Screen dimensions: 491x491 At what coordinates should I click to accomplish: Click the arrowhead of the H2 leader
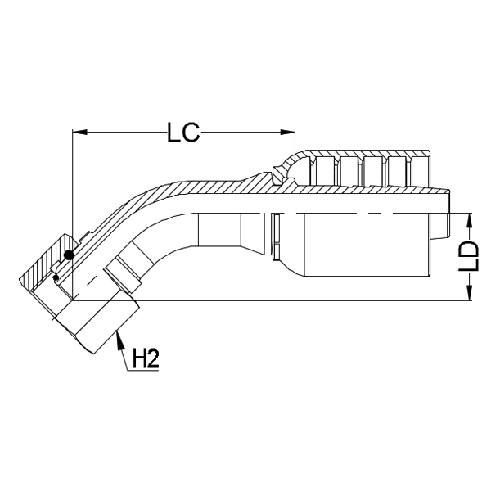click(x=118, y=336)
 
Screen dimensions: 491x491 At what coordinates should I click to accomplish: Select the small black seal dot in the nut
click(x=55, y=278)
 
